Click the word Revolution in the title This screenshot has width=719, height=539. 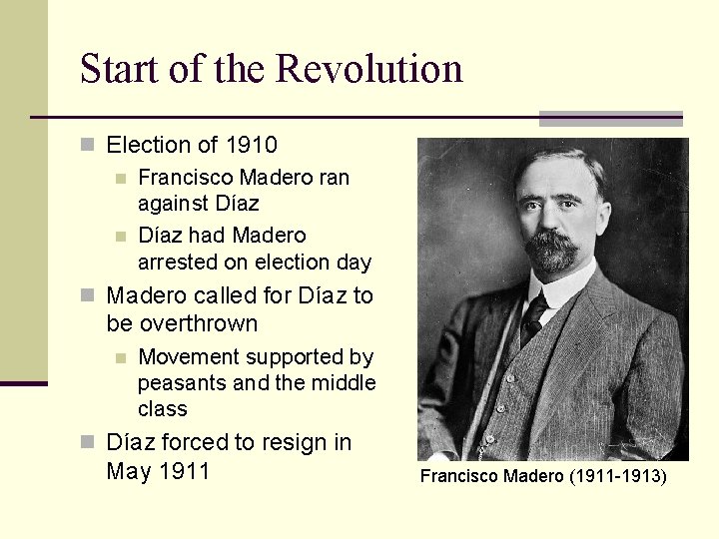click(369, 69)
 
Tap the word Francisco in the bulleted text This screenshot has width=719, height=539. click(182, 178)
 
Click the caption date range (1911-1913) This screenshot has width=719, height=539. click(617, 476)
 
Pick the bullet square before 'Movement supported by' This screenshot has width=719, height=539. click(122, 357)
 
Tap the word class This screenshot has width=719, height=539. click(163, 409)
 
